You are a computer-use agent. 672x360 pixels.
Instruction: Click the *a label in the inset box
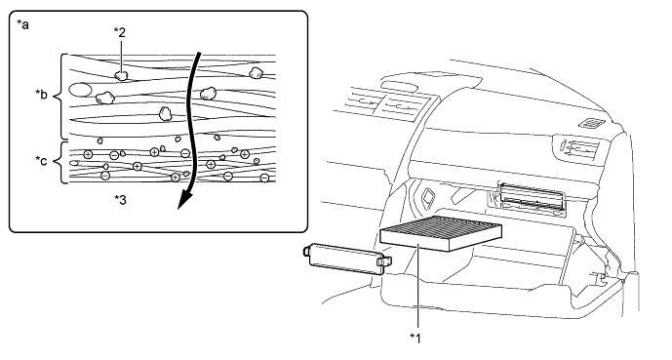coord(22,24)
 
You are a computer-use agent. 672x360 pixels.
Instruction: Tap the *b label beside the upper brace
coord(42,94)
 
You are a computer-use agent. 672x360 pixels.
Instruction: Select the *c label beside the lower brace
coord(42,161)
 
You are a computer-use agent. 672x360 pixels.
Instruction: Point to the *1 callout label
coord(415,338)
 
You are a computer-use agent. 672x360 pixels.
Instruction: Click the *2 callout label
coord(120,32)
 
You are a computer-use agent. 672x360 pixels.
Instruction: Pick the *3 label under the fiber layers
coord(120,199)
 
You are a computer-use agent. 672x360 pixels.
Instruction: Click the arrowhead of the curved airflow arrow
coord(184,200)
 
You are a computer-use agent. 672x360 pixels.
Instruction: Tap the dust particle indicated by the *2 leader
coord(122,76)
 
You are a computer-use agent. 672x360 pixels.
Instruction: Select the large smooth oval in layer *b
coord(80,90)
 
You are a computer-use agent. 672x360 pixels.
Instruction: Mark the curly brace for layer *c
coord(59,162)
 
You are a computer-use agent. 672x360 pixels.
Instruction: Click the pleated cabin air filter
coord(441,233)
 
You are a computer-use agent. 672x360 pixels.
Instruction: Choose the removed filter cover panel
coord(347,258)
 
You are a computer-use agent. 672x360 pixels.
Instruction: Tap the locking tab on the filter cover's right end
coord(384,261)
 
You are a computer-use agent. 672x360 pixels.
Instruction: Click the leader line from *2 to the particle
coord(121,55)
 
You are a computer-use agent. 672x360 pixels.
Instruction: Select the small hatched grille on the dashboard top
coord(591,124)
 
